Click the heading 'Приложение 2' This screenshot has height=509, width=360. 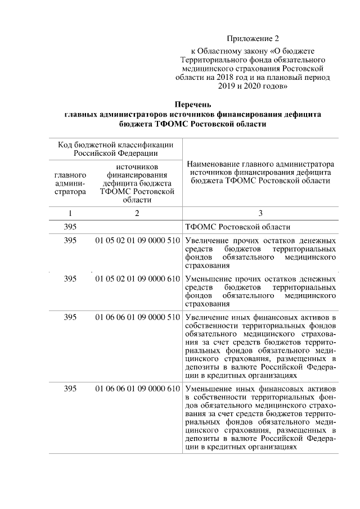253,39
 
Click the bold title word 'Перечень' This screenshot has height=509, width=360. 192,104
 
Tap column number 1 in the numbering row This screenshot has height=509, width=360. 70,213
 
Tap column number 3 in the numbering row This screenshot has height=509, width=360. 260,213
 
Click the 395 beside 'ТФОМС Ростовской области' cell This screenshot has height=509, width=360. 70,227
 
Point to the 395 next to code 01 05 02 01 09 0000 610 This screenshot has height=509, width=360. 70,278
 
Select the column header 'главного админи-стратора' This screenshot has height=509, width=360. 70,183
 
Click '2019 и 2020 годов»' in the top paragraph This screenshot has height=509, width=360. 253,87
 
